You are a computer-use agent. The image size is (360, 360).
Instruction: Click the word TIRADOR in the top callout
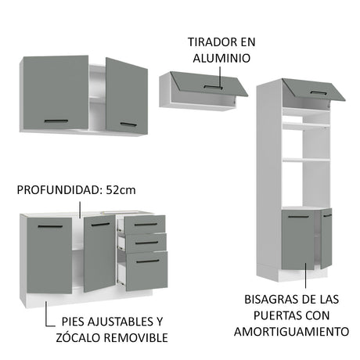(x=211, y=42)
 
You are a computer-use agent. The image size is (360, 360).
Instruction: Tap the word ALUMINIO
(x=221, y=58)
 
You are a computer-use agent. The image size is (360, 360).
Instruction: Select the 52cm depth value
(x=121, y=190)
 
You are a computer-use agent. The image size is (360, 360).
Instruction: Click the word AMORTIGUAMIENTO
(x=291, y=332)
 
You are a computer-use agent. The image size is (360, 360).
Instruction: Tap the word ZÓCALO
(x=78, y=337)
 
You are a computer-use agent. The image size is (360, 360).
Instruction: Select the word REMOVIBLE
(x=136, y=337)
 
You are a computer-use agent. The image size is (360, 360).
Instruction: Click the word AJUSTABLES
(x=121, y=322)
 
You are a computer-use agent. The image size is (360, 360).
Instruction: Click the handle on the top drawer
(x=146, y=225)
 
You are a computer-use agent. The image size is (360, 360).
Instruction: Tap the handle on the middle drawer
(x=146, y=243)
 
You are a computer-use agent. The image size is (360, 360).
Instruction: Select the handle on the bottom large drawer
(x=148, y=261)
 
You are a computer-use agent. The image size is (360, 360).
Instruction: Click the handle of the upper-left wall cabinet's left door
(x=56, y=121)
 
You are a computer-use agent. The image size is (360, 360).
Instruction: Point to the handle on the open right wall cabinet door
(x=128, y=124)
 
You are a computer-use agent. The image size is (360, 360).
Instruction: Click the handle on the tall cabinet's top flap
(x=319, y=92)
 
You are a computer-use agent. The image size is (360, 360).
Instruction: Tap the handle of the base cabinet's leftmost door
(x=50, y=226)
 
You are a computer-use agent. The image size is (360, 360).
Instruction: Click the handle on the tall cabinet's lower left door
(x=298, y=217)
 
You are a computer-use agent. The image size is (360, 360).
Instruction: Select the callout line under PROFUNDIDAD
(x=80, y=210)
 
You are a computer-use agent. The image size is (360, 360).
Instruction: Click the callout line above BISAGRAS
(x=306, y=275)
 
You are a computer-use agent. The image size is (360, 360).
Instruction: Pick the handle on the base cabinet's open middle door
(x=100, y=225)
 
